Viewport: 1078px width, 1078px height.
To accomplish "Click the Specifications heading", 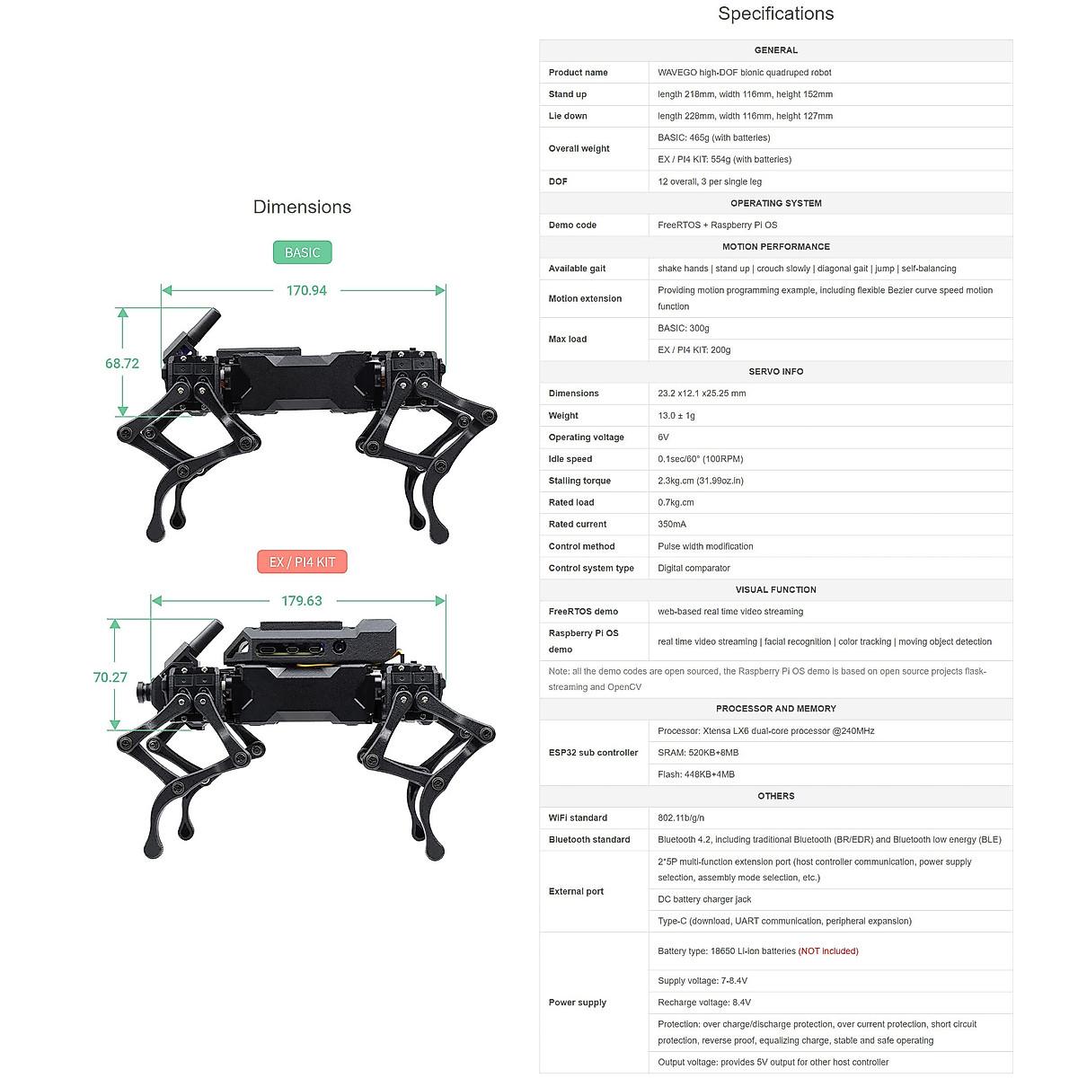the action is [775, 13].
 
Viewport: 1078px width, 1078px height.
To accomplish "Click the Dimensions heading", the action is [302, 207].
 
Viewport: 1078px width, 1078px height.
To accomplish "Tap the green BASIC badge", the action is [302, 252].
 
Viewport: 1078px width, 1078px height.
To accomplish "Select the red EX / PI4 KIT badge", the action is [302, 562].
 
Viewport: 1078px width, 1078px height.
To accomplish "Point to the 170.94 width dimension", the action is [306, 290].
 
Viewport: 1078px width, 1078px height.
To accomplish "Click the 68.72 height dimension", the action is [122, 364].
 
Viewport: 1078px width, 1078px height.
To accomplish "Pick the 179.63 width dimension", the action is [302, 601].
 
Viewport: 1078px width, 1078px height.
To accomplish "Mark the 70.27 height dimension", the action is [110, 677].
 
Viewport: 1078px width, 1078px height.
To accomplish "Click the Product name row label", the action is [578, 73].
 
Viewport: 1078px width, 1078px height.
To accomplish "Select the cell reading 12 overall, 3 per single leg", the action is [710, 181].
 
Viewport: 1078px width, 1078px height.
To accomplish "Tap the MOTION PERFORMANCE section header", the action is [775, 246].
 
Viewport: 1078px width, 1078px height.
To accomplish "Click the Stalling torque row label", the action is [579, 481].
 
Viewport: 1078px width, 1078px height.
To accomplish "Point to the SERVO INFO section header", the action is [775, 371].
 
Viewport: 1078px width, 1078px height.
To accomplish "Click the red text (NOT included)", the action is [828, 950].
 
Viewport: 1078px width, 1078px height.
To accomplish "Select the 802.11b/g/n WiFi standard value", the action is [681, 817].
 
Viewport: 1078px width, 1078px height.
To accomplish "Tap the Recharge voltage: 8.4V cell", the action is [704, 1003].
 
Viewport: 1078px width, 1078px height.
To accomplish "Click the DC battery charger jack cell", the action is [704, 899].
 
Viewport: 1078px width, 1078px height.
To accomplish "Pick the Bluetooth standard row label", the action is [589, 840].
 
